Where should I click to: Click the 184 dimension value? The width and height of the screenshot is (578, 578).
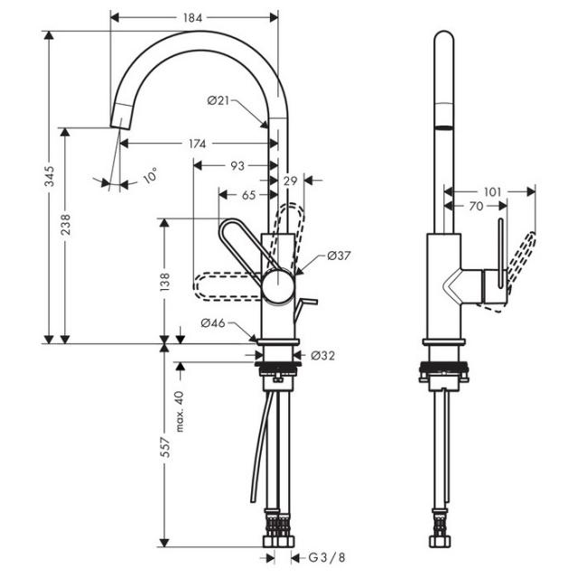click(x=192, y=18)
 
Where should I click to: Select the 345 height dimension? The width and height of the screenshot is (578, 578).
click(x=50, y=176)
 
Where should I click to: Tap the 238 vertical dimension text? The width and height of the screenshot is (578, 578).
click(x=65, y=224)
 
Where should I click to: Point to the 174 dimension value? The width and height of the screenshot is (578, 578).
click(x=197, y=144)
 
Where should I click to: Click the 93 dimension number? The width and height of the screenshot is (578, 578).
click(x=238, y=166)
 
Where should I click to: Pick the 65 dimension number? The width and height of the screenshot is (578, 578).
click(x=249, y=195)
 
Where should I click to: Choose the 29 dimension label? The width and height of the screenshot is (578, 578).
click(x=291, y=181)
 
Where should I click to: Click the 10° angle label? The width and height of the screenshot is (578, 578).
click(x=151, y=175)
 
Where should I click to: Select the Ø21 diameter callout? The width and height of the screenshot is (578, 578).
click(x=219, y=100)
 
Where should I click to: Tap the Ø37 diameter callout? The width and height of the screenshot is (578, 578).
click(x=340, y=256)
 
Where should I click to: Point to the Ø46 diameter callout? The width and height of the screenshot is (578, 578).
click(x=213, y=323)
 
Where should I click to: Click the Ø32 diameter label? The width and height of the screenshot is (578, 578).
click(x=323, y=355)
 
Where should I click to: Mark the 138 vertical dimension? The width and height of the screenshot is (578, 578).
click(x=164, y=282)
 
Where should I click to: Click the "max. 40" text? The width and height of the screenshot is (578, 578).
click(x=180, y=411)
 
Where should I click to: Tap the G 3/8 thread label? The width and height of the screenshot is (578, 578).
click(x=327, y=557)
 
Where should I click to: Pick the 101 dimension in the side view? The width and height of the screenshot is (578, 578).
click(x=492, y=191)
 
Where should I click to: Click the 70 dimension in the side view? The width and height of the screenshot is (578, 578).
click(x=476, y=206)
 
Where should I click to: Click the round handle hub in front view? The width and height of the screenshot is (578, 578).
click(x=278, y=286)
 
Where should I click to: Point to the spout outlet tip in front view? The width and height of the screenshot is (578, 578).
click(x=120, y=127)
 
